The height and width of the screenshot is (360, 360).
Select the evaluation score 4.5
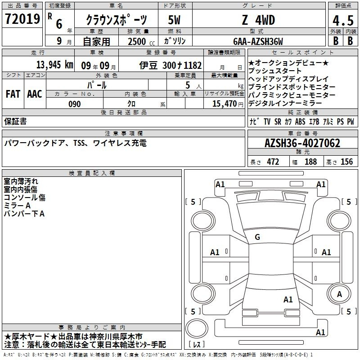click(x=342, y=21)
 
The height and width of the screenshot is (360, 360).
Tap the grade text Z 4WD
click(x=258, y=20)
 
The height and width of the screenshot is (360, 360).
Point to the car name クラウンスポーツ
click(x=116, y=21)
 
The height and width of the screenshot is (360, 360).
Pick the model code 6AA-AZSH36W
click(x=258, y=41)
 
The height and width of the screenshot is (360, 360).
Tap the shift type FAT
click(x=13, y=94)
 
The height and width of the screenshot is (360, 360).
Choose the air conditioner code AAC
click(x=35, y=94)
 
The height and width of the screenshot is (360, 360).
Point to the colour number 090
click(x=74, y=104)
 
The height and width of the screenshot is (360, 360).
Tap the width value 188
click(x=310, y=162)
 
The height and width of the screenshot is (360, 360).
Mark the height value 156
click(x=346, y=162)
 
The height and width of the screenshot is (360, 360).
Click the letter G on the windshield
click(x=257, y=237)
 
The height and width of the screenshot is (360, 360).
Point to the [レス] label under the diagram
click(x=196, y=345)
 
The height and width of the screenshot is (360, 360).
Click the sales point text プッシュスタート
click(x=275, y=71)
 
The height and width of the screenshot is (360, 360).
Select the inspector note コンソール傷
click(x=25, y=198)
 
